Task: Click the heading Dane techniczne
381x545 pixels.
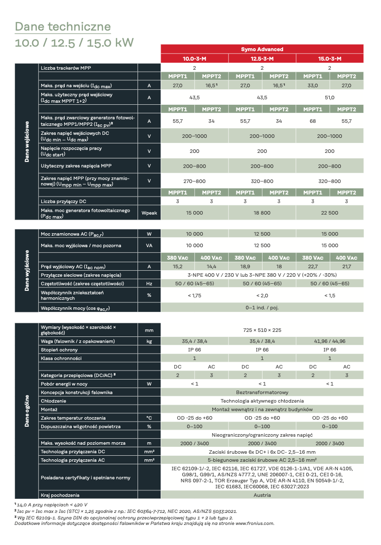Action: click(63, 26)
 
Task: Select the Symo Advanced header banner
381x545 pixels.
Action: click(262, 49)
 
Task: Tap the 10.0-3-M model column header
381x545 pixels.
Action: click(194, 59)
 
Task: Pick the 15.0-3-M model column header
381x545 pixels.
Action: click(329, 59)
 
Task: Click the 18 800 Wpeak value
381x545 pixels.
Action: click(262, 213)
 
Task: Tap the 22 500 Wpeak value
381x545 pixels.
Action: click(329, 213)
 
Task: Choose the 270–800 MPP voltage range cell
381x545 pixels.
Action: click(194, 181)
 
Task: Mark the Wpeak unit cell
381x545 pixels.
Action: click(149, 213)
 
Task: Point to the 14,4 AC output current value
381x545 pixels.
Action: click(211, 267)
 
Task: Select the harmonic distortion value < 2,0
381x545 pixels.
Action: click(262, 295)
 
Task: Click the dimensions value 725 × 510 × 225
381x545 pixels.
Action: click(262, 330)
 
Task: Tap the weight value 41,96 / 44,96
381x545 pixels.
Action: click(329, 341)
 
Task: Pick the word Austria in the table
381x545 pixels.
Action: click(262, 495)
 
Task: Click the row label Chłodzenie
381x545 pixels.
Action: click(54, 401)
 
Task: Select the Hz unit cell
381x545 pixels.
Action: click(149, 283)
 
